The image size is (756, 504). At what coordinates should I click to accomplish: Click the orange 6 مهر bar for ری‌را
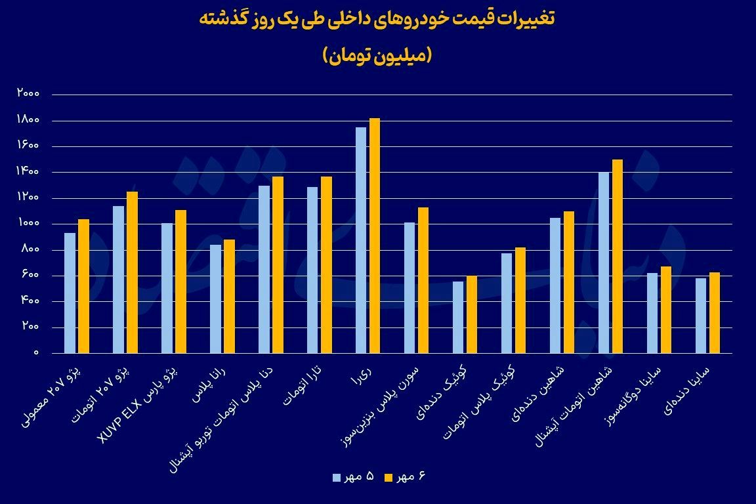pos(374,236)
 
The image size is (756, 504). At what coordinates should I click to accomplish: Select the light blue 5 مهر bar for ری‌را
pos(360,240)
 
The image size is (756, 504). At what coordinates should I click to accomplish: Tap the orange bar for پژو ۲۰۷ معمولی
pos(83,286)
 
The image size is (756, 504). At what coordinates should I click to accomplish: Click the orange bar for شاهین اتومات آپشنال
pos(617,256)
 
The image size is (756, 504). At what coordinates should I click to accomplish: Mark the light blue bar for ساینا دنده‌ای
pos(700,316)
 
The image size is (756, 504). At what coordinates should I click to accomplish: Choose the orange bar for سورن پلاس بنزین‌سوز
pos(423,280)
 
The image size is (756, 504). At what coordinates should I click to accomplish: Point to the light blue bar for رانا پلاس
pos(215,299)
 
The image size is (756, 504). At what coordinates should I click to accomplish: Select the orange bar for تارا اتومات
pos(325,264)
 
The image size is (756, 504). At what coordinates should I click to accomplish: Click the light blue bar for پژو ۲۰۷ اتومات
pos(118,280)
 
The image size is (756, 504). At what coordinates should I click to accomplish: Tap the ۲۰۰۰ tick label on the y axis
pos(28,94)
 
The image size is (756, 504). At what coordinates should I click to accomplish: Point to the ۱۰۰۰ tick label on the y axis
pos(28,224)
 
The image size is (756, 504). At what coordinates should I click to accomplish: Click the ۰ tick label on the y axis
pos(37,353)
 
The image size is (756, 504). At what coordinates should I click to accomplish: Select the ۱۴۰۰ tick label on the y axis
pos(28,172)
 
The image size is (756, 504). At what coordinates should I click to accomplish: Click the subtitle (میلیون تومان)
pos(377,56)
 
